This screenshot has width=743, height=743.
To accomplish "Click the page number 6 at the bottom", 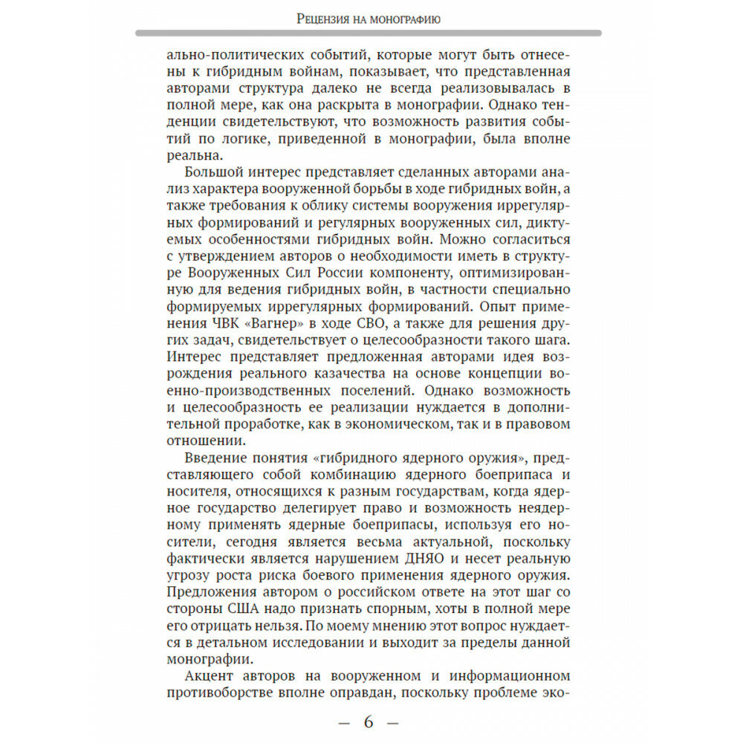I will pos(369,721).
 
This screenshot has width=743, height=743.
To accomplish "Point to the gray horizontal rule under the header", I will pos(369,33).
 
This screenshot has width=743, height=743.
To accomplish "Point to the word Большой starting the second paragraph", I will pos(216,172).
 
